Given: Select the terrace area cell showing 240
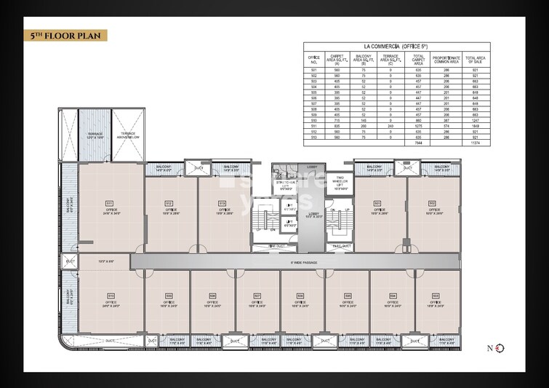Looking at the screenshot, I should tap(390, 125).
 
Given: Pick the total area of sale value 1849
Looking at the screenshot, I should tap(474, 125).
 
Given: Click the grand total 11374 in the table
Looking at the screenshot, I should tap(474, 144).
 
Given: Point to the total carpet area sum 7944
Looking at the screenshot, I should tap(417, 144).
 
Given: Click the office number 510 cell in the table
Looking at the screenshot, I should tap(314, 119).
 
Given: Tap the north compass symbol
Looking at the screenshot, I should tap(499, 348).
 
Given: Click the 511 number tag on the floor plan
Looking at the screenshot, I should tap(110, 202).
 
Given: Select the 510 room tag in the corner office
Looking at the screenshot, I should tap(111, 296).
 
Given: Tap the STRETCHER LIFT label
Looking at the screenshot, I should tap(286, 185).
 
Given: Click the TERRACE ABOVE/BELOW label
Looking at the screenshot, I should tap(128, 135).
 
